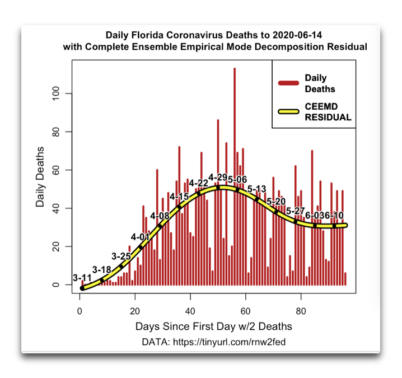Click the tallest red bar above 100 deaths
point(235,176)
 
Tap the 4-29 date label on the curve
point(218,177)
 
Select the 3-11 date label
point(82,278)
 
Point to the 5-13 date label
point(256,189)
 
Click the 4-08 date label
point(160,216)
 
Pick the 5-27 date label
point(296,211)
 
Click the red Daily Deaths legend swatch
point(289,83)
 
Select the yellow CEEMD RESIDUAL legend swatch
point(289,111)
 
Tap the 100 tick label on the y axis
point(55,94)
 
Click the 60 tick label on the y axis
point(55,170)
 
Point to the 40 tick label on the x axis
point(190,311)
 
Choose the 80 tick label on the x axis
point(301,311)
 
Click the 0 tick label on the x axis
point(80,311)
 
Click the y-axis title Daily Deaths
point(40,177)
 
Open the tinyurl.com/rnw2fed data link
point(229,342)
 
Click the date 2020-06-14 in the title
point(297,35)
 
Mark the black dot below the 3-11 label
point(82,288)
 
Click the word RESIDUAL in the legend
point(328,117)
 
